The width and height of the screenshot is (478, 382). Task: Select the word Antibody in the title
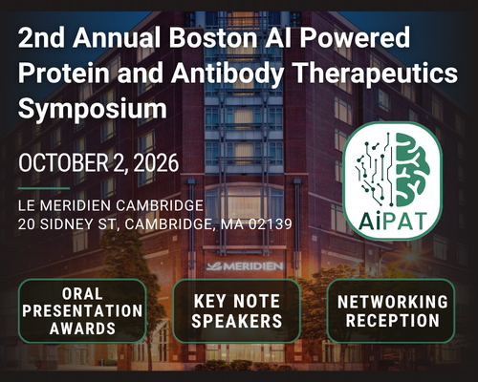point(228,74)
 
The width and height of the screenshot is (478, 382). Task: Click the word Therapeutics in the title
point(375,74)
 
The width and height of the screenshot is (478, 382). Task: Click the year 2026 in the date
point(156,163)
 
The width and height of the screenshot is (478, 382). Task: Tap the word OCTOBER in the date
point(63,163)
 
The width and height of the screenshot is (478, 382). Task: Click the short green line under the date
point(44,188)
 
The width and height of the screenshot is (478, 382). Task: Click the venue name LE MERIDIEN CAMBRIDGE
point(111,205)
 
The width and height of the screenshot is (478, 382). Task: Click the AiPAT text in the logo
point(393,221)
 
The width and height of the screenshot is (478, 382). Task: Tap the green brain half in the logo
point(412,170)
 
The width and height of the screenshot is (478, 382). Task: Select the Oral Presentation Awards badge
point(82,311)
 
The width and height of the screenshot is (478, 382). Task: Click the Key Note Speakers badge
point(236,311)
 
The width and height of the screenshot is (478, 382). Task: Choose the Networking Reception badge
point(391,311)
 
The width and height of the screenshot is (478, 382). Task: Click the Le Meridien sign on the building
point(245,266)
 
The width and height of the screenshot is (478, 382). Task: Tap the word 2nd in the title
point(41,37)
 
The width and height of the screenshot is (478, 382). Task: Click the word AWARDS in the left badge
point(82,329)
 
